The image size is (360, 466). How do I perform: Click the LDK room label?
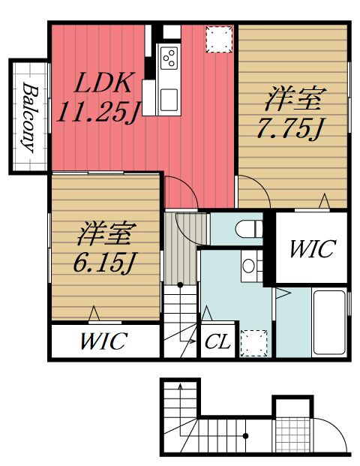103,82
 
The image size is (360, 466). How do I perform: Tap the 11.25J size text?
97,113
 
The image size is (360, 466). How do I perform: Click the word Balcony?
30,118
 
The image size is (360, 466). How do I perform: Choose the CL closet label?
217,341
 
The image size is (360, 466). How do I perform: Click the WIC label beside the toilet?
312,248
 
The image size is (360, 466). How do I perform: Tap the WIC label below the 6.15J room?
104,341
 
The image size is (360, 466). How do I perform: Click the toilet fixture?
249,229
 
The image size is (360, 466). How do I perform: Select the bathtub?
329,323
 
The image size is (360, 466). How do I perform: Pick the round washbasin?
248,266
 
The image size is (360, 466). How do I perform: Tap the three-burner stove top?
169,58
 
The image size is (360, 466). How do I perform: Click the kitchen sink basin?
169,100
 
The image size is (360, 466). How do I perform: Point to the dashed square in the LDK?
219,40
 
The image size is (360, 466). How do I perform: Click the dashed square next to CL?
254,343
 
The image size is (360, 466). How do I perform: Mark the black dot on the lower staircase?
246,436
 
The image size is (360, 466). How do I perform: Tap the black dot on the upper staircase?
180,284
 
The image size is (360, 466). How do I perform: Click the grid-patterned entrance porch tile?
289,434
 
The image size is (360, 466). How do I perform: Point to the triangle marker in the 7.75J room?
324,201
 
